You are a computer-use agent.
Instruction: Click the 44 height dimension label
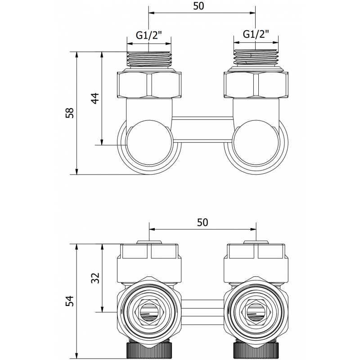(95, 99)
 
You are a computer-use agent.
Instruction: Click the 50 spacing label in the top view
(202, 6)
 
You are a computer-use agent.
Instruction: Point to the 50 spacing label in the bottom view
(202, 222)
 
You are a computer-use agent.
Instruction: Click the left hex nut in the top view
(149, 84)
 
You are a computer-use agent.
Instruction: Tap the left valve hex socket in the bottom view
(149, 310)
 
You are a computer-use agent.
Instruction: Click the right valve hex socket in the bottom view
(256, 310)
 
